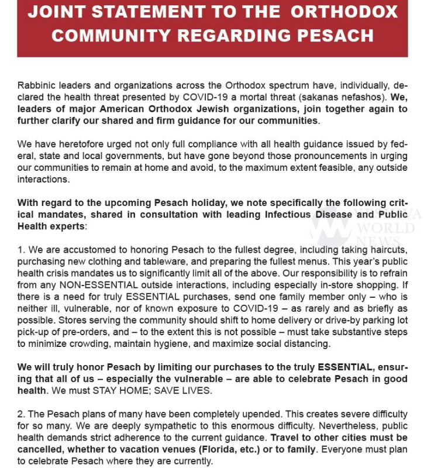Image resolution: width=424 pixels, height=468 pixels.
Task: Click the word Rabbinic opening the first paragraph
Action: pos(36,85)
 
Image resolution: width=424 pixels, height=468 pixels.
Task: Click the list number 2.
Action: pos(20,415)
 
